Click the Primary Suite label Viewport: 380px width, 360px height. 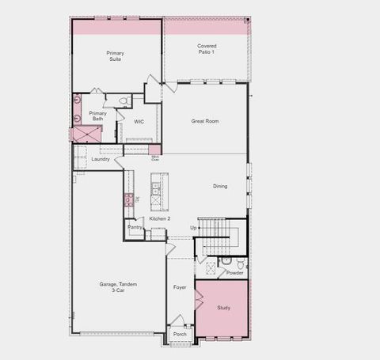[116, 55]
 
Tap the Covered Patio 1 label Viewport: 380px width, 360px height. [207, 49]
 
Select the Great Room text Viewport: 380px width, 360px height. [205, 121]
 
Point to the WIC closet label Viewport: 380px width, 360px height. [139, 122]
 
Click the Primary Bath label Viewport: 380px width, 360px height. [97, 116]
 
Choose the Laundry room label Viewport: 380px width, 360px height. [101, 159]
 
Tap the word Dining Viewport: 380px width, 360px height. [220, 186]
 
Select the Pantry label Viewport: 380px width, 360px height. [135, 227]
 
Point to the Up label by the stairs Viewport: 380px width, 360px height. [193, 227]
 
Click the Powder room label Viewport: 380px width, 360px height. [234, 272]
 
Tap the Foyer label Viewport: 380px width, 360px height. [180, 287]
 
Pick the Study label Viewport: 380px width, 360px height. [224, 307]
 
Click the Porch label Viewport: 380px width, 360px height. [180, 335]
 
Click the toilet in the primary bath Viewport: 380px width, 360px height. [124, 100]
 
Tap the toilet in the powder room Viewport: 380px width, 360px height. [227, 260]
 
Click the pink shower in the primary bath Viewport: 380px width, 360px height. [85, 134]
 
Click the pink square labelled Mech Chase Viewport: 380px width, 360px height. [155, 149]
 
